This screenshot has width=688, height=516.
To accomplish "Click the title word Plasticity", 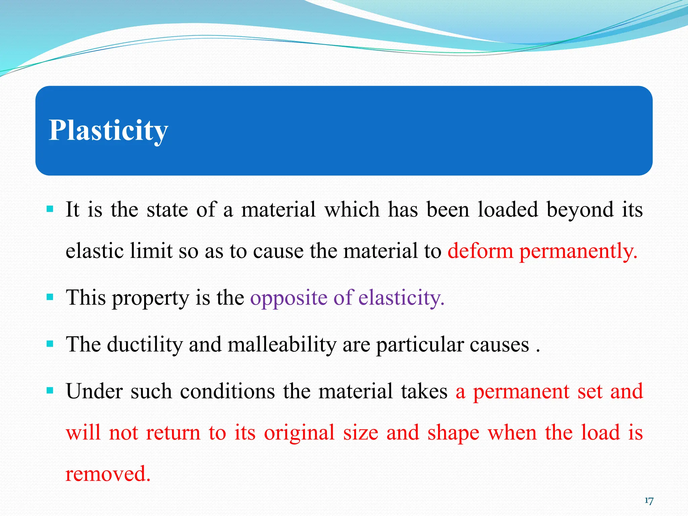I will coord(108,130).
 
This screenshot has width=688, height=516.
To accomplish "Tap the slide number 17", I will coord(649,501).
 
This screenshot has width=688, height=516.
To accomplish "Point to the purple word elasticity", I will coord(401,298).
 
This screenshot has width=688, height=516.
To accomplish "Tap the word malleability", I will coord(282,345).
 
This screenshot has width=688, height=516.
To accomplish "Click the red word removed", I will coord(108,474).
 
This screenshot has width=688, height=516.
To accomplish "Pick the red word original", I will coord(299,433).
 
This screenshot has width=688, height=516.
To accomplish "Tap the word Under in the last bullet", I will coord(94,391).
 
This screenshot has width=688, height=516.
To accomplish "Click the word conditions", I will coord(227,391).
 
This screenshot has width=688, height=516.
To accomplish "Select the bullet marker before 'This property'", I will coord(50,297).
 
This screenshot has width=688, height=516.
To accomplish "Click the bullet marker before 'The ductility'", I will coord(50,344).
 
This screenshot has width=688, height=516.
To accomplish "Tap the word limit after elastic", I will coord(151,251).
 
